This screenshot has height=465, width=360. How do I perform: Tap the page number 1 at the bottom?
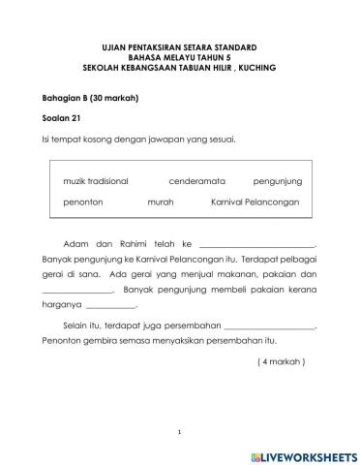pos(180,431)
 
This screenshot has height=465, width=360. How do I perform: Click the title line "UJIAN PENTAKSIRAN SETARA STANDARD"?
pos(179,46)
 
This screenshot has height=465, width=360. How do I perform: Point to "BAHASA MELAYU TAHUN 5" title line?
pos(179,56)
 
